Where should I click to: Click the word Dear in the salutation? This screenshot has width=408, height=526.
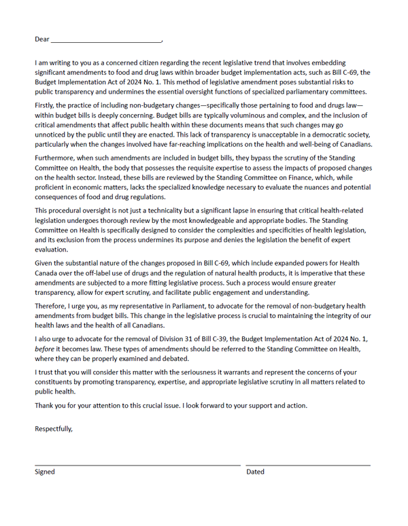tap(42, 39)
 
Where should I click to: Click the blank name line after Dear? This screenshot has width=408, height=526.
tap(106, 41)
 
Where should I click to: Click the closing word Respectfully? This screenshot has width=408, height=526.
tap(54, 428)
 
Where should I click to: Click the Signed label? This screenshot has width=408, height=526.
tap(45, 472)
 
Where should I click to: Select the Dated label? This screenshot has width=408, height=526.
tap(256, 472)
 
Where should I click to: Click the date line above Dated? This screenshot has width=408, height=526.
tap(308, 465)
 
